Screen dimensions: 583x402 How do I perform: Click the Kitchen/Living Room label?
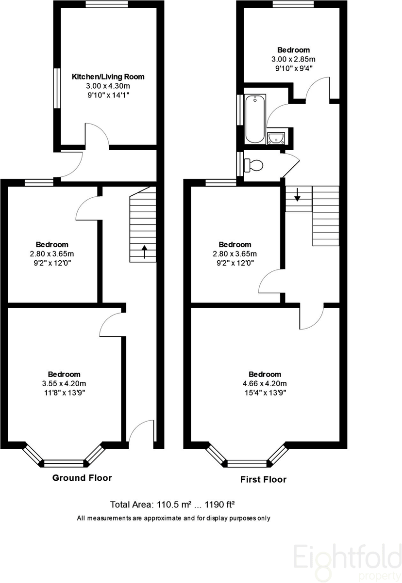click(108, 77)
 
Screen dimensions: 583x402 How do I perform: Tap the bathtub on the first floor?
click(255, 119)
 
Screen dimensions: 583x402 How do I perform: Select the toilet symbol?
click(253, 165)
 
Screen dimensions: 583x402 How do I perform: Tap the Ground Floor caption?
click(82, 478)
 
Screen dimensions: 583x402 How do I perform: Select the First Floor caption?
click(263, 479)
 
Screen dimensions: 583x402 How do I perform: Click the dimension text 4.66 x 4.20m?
click(265, 383)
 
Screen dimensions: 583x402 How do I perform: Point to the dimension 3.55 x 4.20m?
click(64, 383)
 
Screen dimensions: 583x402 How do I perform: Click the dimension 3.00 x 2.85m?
click(293, 59)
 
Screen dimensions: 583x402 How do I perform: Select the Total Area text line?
click(173, 504)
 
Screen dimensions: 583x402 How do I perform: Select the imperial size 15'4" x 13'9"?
click(265, 393)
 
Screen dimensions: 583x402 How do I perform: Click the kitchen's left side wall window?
click(56, 88)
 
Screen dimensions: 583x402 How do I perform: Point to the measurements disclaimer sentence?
click(173, 518)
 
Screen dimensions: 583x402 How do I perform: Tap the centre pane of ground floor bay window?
click(64, 462)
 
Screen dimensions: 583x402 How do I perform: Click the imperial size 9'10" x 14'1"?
click(108, 95)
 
